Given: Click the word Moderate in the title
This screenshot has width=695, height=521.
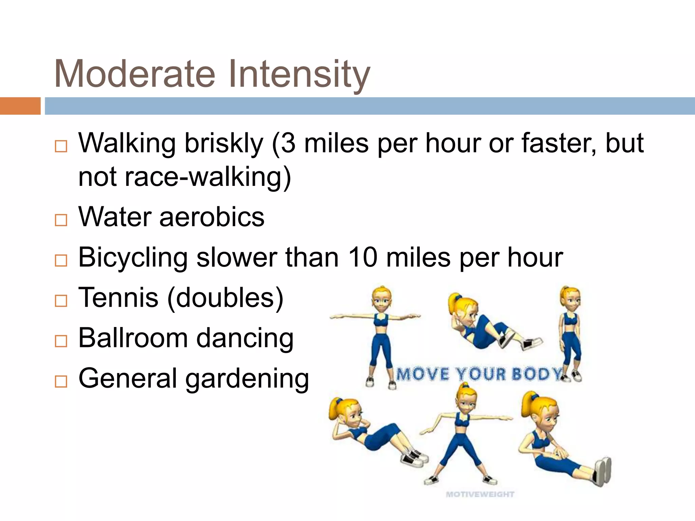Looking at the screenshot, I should click(x=135, y=74).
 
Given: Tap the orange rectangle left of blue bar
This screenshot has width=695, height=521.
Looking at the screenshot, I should click(x=20, y=106).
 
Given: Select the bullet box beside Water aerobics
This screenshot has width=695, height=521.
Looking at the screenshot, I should click(x=61, y=220).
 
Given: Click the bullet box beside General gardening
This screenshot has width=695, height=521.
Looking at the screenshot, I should click(x=61, y=381).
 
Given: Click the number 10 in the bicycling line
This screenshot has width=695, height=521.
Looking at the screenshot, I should click(x=363, y=257).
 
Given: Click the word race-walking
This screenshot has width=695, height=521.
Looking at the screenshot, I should click(x=208, y=177).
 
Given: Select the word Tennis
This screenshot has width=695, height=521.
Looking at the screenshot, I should click(x=118, y=297).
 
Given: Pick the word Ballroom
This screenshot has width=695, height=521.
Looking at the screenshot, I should click(x=133, y=338).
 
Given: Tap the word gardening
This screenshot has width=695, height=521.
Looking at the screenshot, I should click(x=247, y=379).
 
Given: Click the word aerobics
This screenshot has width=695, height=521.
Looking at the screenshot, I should click(x=212, y=217).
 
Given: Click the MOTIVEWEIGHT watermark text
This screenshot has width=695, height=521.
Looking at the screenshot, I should click(x=480, y=494).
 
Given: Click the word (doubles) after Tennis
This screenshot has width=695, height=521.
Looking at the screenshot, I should click(x=225, y=297).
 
